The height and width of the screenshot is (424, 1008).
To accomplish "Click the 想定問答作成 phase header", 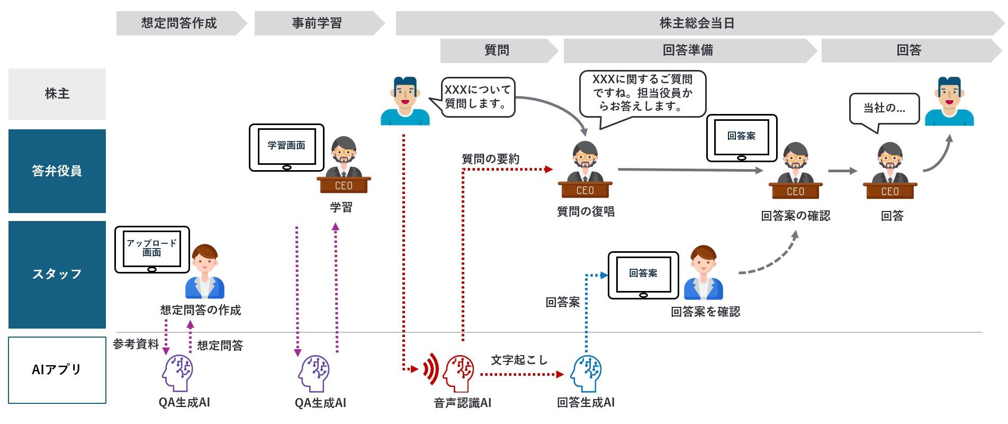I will point(179,23).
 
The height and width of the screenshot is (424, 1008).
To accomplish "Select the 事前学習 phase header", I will point(317,23).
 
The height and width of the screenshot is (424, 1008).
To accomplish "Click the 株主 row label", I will point(57,94).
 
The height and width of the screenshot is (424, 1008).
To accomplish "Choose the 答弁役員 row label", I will point(57,171).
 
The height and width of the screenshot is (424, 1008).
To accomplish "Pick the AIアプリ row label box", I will point(57,369).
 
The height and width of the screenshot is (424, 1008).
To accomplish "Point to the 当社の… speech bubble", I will point(884,109).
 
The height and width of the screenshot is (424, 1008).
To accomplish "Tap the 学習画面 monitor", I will point(286,147).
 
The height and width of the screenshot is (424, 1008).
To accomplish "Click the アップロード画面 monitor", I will point(152,249).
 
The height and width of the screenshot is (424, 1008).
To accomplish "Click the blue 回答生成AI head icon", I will point(586,373).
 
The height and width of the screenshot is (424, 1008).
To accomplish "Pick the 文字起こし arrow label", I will point(519,360).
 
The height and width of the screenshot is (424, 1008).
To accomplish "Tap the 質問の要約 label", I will point(490,158).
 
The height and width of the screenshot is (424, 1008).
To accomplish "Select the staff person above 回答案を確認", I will point(703,272).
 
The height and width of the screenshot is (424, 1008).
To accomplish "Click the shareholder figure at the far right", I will point(949,102).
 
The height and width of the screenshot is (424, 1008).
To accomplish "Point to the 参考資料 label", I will point(136,344).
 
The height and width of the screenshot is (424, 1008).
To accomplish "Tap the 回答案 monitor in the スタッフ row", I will point(643,275).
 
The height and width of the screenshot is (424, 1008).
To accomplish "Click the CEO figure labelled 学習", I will point(344,164).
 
